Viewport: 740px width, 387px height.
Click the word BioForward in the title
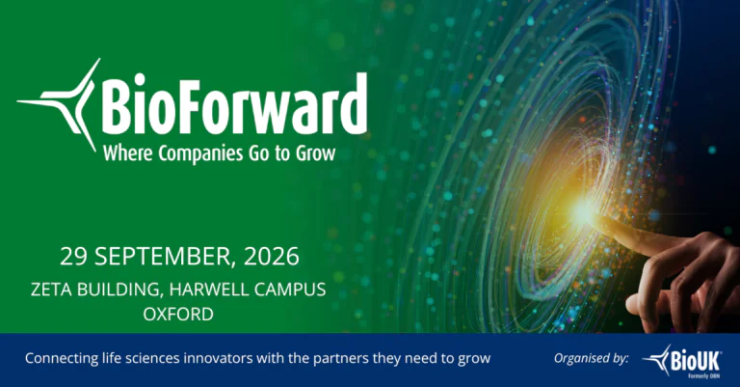[234, 105]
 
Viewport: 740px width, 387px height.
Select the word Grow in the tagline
[316, 153]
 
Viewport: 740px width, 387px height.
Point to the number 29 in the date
[74, 256]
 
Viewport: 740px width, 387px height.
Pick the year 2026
[272, 256]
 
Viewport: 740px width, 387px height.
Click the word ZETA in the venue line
[51, 290]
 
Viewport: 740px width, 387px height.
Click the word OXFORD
[178, 315]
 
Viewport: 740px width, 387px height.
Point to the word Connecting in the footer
[62, 359]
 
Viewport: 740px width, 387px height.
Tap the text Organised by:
[592, 358]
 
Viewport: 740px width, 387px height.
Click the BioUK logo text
[695, 361]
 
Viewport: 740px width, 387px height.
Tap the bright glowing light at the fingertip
[584, 211]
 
